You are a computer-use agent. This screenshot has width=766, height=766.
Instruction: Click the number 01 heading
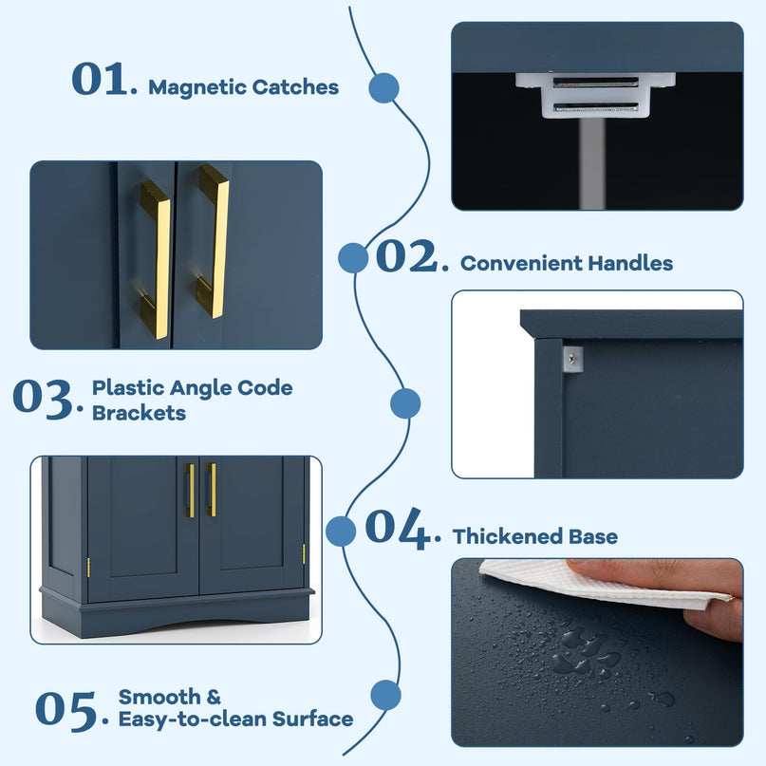(x=104, y=79)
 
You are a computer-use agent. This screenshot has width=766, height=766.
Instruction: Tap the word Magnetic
(x=196, y=88)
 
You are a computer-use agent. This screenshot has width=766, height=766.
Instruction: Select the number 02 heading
(x=412, y=255)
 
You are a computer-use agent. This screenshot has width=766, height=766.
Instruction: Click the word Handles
(x=629, y=263)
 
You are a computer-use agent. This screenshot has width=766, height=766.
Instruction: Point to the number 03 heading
(x=47, y=399)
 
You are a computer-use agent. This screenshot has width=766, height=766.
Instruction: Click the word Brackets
(x=140, y=413)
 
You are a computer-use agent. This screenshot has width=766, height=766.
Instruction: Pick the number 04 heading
(x=402, y=529)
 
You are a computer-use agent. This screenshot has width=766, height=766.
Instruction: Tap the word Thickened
(x=506, y=536)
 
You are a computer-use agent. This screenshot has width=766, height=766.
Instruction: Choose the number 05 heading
(x=71, y=710)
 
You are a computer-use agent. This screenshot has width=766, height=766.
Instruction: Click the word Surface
(x=312, y=719)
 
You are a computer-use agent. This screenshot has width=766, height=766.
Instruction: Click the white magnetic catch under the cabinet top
(x=595, y=95)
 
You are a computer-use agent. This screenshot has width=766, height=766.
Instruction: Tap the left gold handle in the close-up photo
(x=156, y=259)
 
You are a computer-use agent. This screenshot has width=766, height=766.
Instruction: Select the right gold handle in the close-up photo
(x=214, y=241)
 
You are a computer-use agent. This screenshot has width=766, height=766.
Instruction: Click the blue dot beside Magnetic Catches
(x=384, y=88)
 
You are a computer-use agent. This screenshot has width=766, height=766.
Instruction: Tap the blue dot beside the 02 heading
(x=353, y=258)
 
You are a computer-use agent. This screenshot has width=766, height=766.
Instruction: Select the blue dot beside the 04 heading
(x=341, y=531)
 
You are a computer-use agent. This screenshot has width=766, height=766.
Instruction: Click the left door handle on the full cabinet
(x=191, y=491)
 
